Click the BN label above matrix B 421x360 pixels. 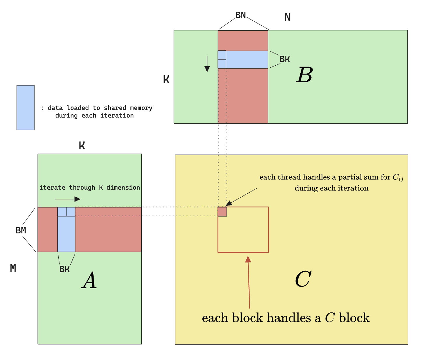point(241,15)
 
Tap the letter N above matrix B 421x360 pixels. point(287,18)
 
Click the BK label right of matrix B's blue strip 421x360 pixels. point(285,59)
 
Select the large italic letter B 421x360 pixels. point(304,75)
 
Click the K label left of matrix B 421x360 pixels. point(166,80)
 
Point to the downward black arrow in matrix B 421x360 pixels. point(207,64)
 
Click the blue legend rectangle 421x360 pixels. point(26,107)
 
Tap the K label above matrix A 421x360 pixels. point(82,146)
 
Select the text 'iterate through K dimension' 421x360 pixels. point(90,188)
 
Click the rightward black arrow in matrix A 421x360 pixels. point(67,199)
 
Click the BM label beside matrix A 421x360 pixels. point(21,230)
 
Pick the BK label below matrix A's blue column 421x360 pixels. point(64,269)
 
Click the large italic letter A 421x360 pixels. point(89,281)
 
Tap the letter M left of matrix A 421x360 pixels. point(13,268)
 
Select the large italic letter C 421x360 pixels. point(303,279)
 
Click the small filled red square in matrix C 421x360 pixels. point(222,212)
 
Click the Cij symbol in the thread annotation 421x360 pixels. point(398,177)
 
